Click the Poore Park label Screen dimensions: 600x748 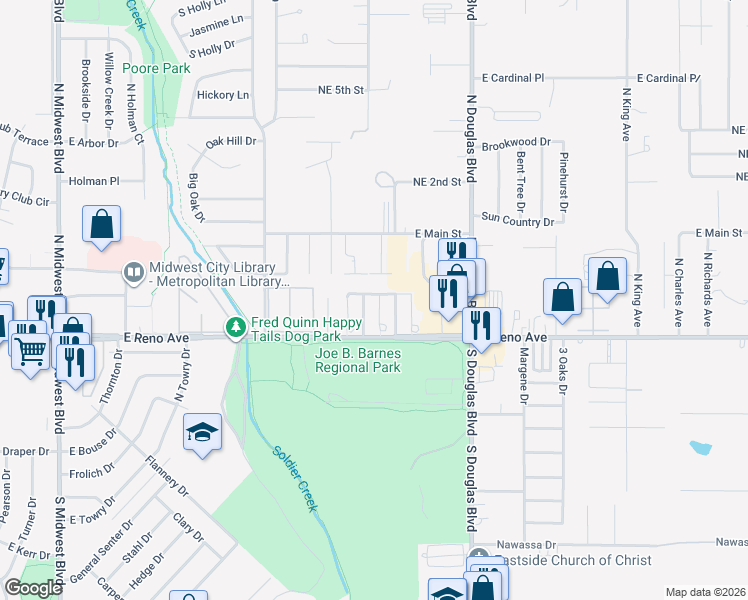(156, 68)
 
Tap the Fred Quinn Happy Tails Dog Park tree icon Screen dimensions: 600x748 (236, 327)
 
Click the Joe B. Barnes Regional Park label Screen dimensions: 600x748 (358, 361)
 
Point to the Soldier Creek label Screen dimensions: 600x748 (295, 477)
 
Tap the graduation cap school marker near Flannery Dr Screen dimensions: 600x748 (202, 433)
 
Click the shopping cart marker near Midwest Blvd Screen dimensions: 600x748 (31, 351)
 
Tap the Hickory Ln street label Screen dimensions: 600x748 (223, 95)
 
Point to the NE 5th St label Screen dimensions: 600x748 (336, 90)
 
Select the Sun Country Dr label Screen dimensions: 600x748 (517, 216)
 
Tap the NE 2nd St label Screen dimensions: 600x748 (437, 182)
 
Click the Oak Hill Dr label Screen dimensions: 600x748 (232, 142)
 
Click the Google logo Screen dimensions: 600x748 (33, 588)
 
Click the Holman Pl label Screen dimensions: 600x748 (94, 181)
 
